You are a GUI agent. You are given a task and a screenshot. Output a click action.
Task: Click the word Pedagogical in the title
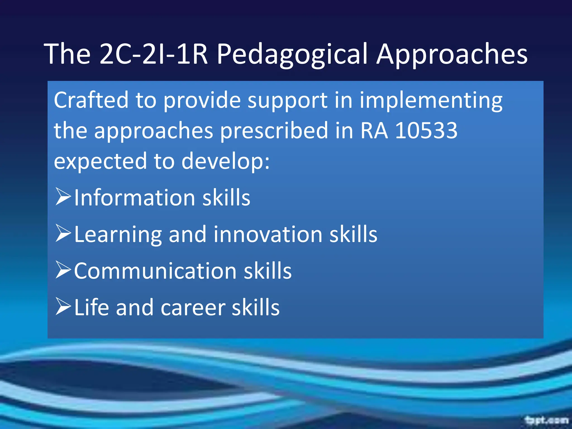tap(292, 54)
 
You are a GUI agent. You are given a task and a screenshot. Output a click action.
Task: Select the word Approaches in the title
tap(452, 54)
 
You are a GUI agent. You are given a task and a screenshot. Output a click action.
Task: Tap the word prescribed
tap(274, 131)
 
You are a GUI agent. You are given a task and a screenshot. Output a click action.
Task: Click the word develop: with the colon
tap(226, 161)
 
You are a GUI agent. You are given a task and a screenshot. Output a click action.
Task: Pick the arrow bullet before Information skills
tap(63, 197)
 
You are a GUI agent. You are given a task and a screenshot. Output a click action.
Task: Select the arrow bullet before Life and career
tap(63, 306)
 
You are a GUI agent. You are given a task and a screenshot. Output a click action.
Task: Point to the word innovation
tap(268, 234)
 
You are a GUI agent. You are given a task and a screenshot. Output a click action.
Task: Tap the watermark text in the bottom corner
tap(546, 420)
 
